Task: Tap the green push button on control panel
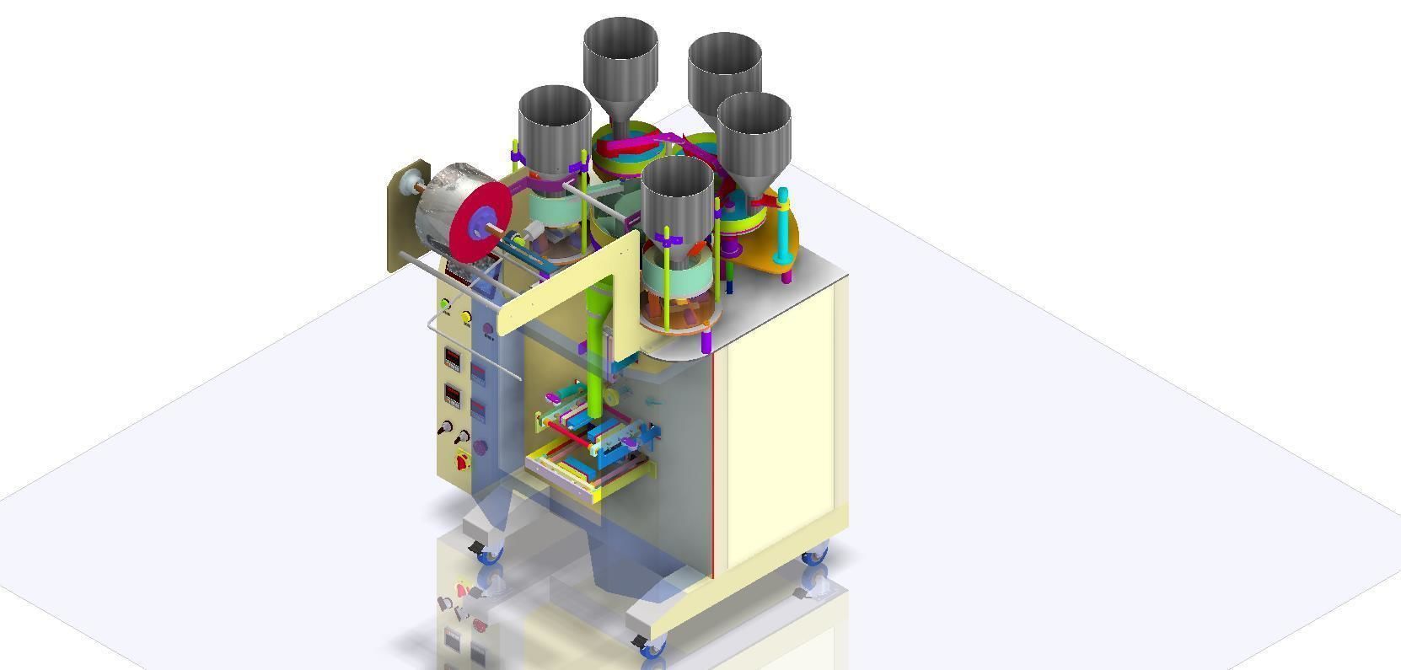445,304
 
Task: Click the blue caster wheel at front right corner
653,646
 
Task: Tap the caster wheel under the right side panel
814,557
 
